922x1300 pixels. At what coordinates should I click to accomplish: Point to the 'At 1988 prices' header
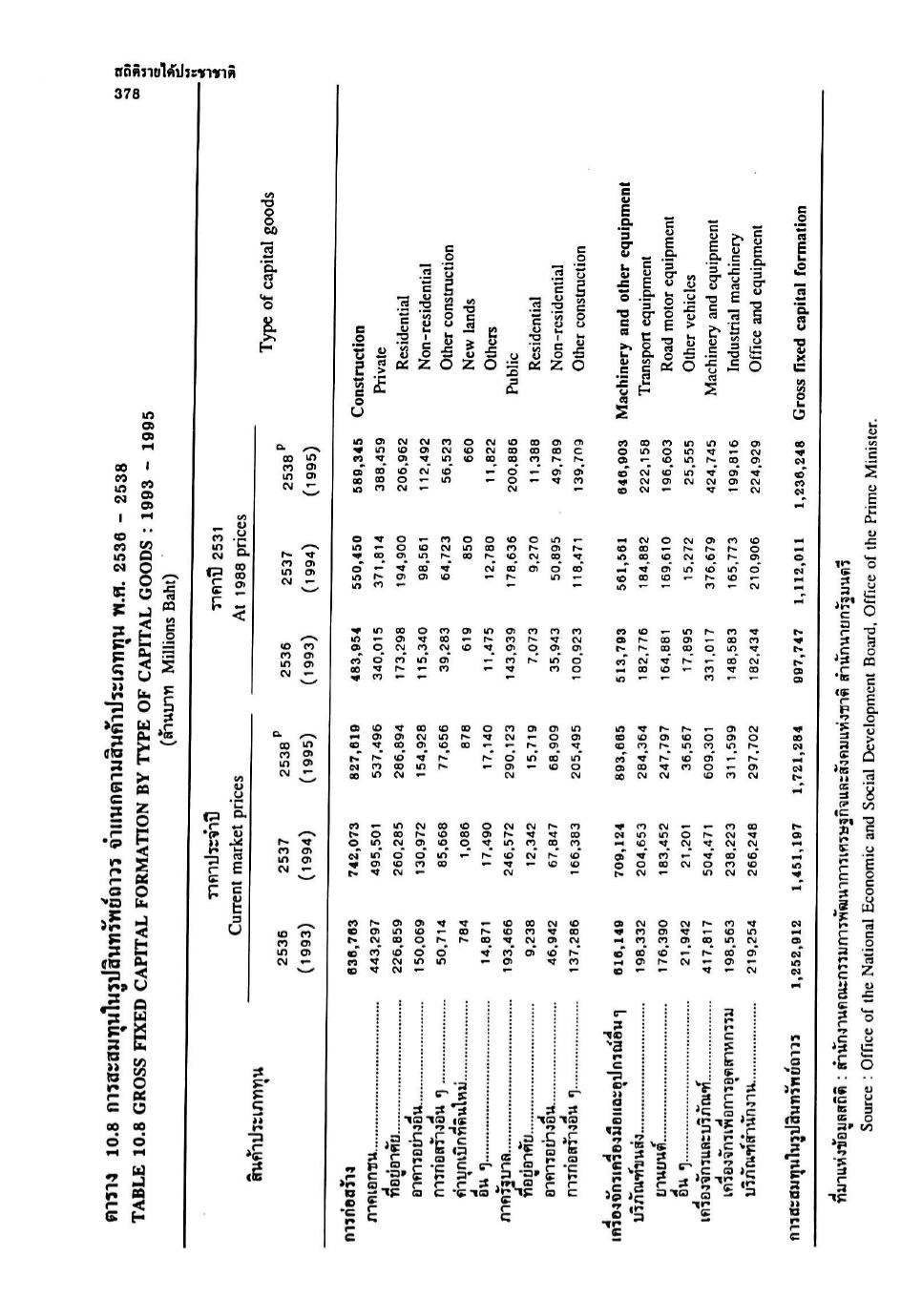click(x=234, y=572)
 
